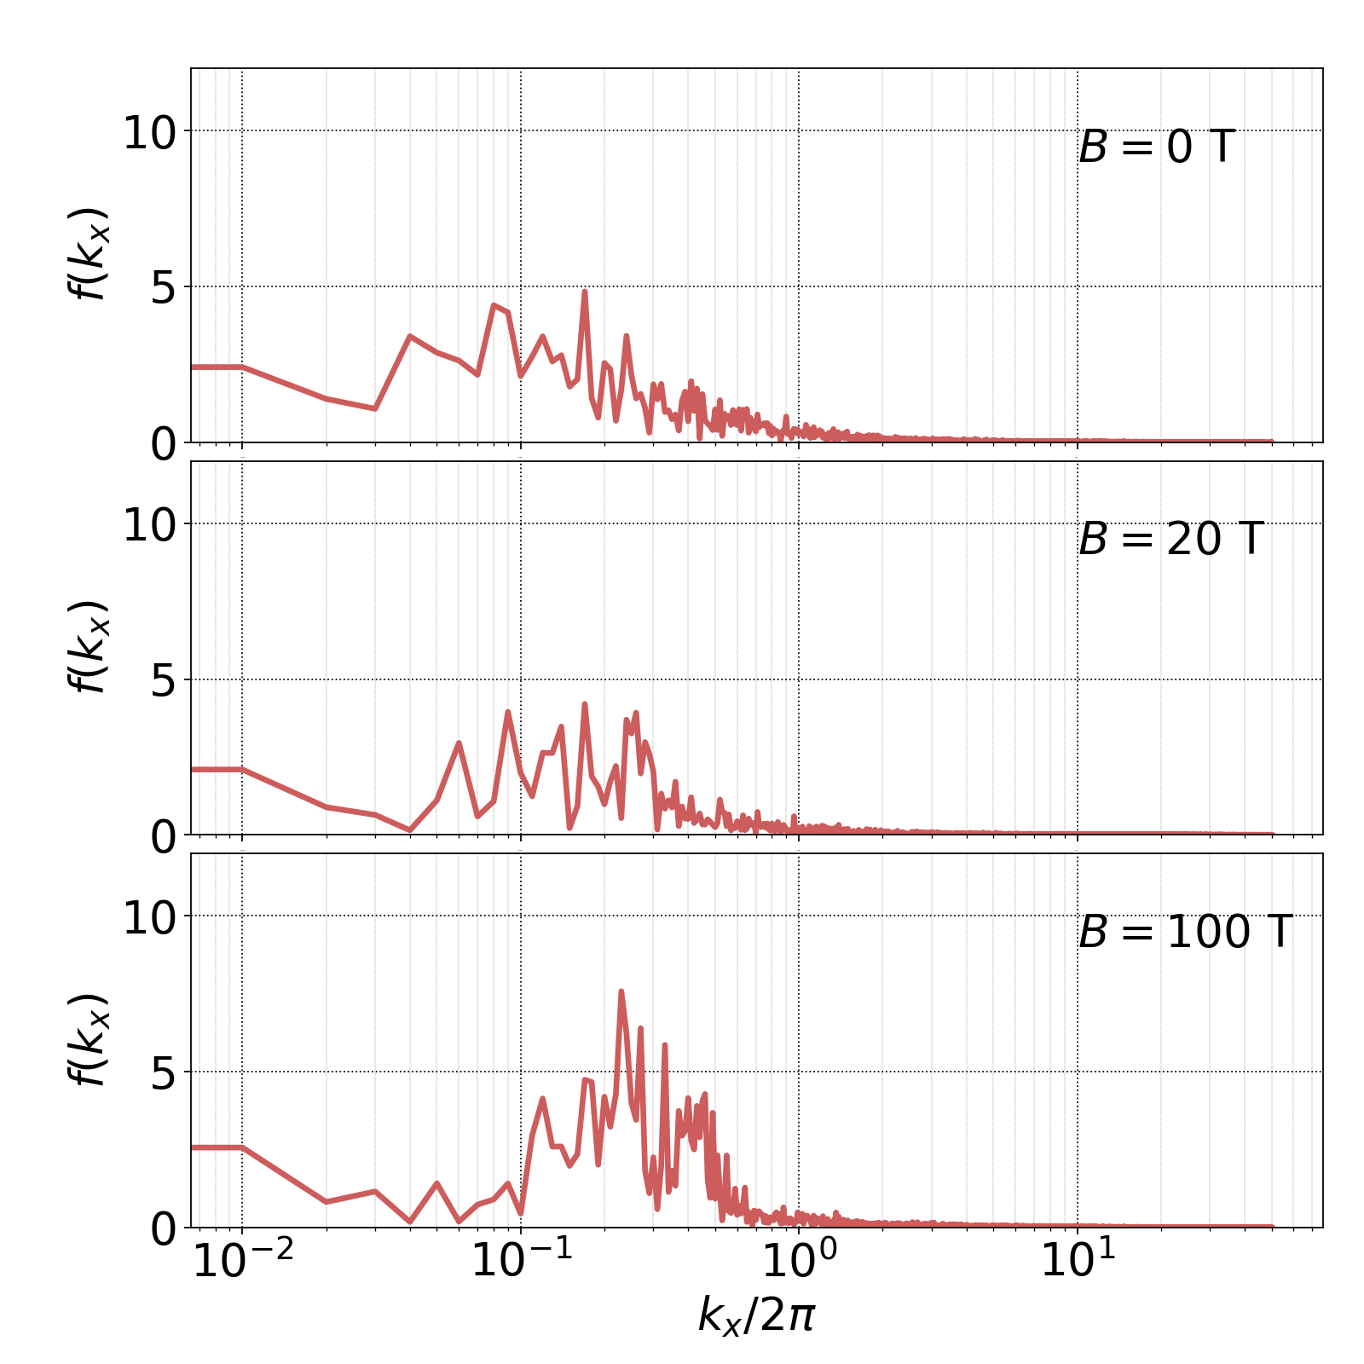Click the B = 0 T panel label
[1157, 147]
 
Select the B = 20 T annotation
[1170, 540]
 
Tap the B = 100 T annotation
[1186, 932]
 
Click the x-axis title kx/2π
[757, 1315]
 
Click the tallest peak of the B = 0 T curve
[584, 292]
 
